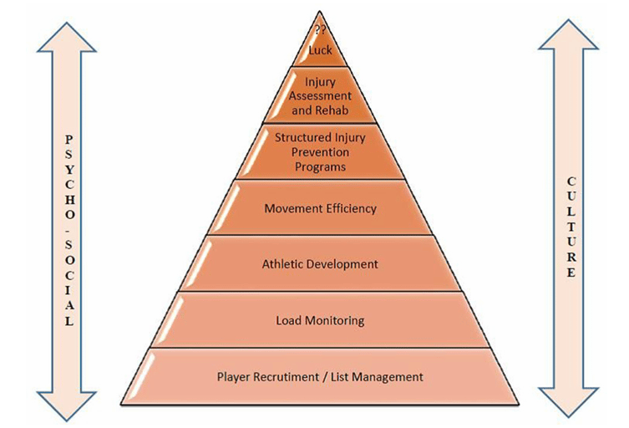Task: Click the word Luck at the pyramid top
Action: tap(320, 50)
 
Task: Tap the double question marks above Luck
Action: tap(319, 32)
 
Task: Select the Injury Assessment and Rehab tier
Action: tap(320, 95)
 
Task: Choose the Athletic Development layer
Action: tap(320, 264)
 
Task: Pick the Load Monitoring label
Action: tap(320, 320)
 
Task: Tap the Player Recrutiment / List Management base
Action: tap(320, 377)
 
